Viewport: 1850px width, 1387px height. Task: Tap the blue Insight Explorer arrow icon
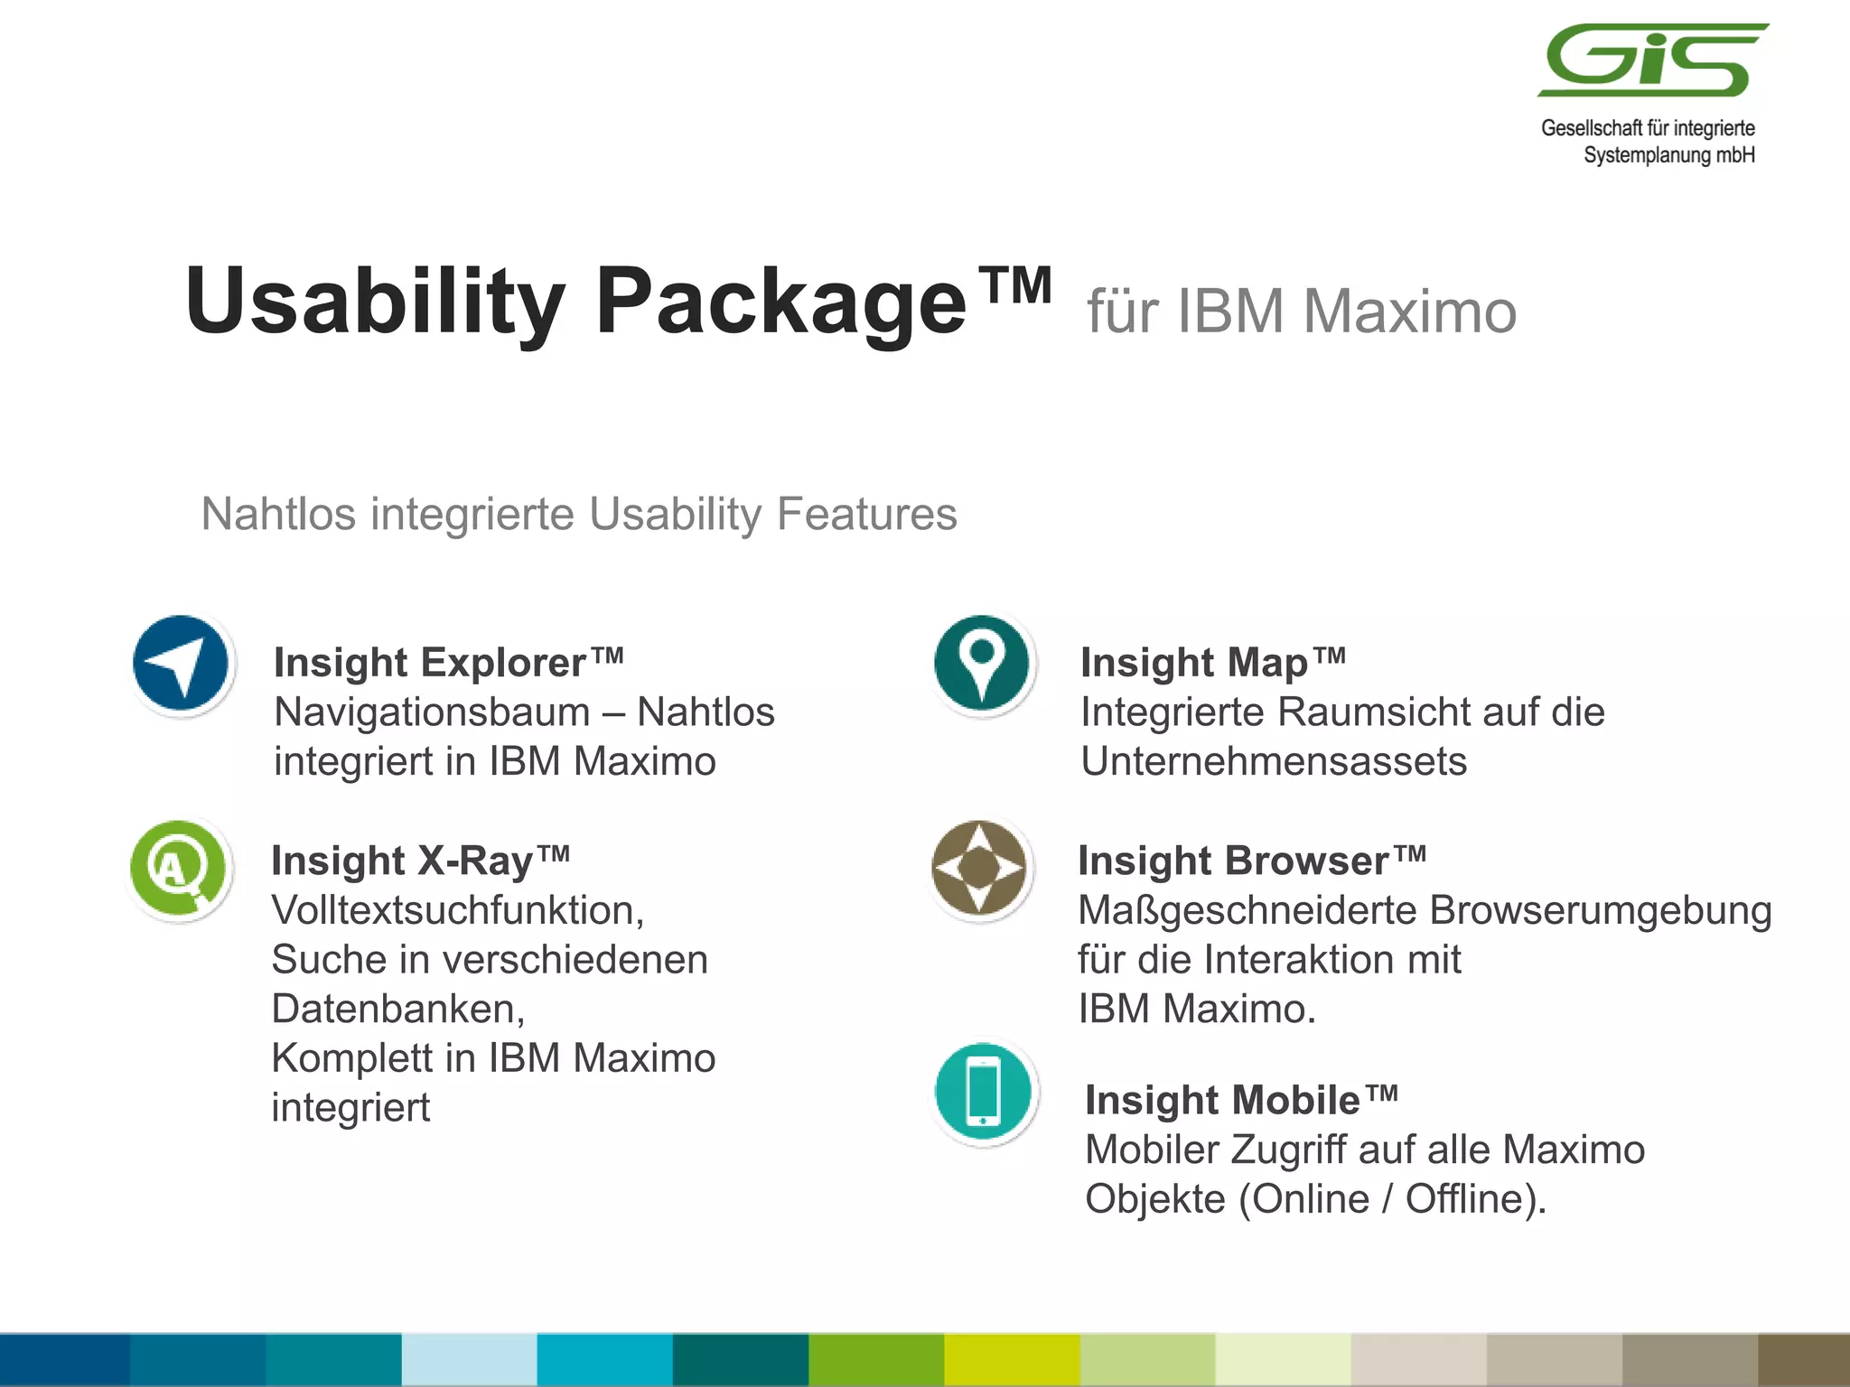[x=181, y=664]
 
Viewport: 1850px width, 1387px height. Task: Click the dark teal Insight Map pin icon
[x=982, y=664]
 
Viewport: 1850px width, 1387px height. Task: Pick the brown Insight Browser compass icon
[x=979, y=868]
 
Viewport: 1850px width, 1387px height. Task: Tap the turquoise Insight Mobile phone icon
[x=984, y=1092]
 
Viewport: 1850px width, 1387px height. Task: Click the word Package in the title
[x=781, y=303]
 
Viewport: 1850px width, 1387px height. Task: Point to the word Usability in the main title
[x=375, y=303]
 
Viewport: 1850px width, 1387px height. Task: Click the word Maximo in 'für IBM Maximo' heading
[x=1409, y=312]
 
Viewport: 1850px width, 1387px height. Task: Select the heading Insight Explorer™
[x=448, y=663]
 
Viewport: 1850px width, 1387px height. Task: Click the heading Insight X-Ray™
[x=420, y=861]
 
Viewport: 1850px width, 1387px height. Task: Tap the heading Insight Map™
[x=1212, y=663]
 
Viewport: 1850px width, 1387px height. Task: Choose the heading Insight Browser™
[x=1251, y=861]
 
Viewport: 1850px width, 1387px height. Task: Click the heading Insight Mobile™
[x=1241, y=1100]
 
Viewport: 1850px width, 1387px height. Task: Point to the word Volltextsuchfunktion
[x=457, y=910]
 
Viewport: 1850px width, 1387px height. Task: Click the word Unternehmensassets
[x=1274, y=761]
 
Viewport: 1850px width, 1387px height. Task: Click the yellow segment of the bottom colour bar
[x=1012, y=1360]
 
